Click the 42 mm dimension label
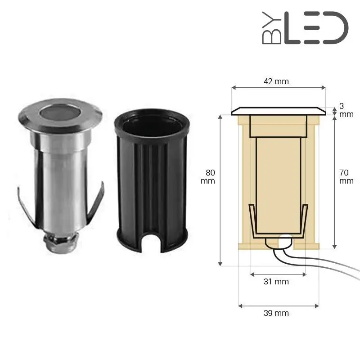coord(276,81)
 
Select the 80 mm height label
coord(210,176)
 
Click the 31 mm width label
coord(276,282)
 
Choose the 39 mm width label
coord(276,313)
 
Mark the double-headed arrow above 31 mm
coord(278,274)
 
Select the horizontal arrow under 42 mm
coord(278,88)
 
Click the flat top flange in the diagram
coord(278,111)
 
